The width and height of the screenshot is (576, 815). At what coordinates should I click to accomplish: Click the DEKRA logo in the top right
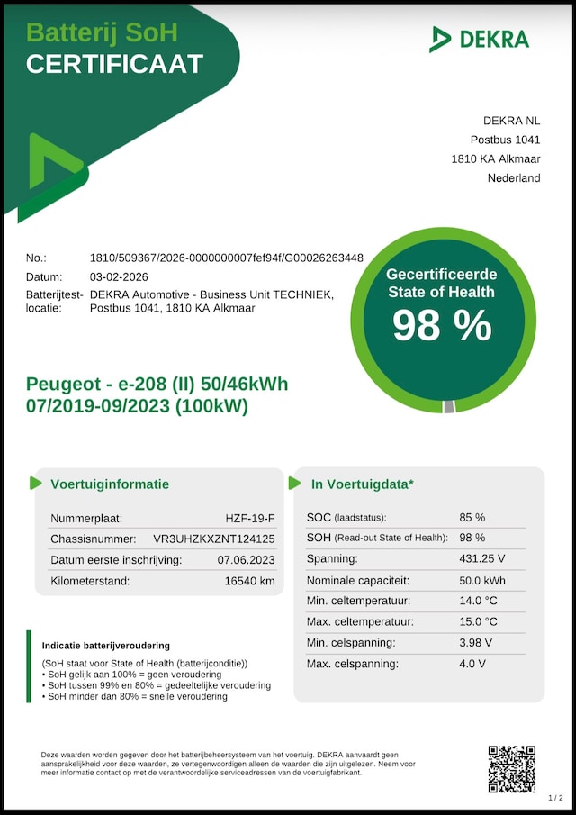479,39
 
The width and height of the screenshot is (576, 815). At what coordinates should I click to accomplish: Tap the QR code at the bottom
511,768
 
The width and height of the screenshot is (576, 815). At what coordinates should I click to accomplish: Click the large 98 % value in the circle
442,325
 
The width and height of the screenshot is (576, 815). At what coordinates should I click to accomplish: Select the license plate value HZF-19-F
250,518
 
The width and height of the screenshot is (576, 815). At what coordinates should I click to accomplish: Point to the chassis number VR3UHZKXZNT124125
214,539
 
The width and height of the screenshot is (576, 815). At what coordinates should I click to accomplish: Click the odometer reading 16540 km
249,581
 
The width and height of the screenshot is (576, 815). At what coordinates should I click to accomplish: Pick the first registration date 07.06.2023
246,560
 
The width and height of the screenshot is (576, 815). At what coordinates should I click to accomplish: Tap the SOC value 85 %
472,518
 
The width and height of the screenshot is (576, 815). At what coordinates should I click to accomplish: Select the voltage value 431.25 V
482,559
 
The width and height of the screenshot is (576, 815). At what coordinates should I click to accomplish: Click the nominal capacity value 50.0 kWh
483,581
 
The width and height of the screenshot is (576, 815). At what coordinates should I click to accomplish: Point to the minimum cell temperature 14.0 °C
478,601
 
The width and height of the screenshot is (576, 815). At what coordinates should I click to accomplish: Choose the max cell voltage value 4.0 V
472,664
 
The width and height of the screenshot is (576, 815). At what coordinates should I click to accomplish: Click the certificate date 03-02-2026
119,276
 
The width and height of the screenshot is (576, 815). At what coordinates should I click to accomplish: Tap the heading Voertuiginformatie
109,484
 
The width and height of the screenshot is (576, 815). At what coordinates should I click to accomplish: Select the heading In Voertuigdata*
363,484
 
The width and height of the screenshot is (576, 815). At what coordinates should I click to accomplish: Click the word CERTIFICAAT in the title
114,64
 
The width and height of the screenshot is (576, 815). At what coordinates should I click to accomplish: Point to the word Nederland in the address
514,178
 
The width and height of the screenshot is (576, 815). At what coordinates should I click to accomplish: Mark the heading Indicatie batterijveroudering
106,646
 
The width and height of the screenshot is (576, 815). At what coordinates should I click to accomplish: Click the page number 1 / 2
555,798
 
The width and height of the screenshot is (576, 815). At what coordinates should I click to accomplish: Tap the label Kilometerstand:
90,581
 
